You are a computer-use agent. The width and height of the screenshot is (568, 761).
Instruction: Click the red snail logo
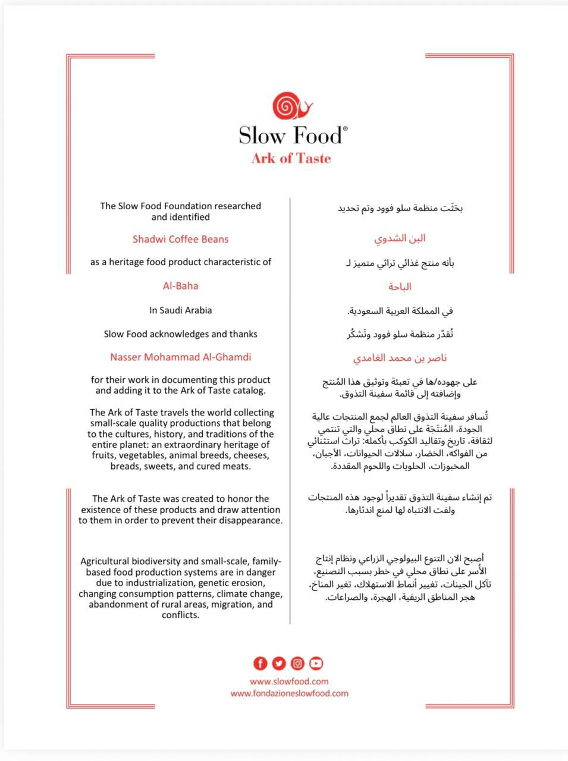point(292,106)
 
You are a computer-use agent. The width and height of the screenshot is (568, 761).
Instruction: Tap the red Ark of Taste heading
point(291,158)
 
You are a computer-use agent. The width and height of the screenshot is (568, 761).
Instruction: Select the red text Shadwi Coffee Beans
point(180,239)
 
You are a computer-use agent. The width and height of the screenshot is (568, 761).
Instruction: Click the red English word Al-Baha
point(180,285)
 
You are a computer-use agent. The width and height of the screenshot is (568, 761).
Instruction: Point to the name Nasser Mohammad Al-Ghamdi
point(180,357)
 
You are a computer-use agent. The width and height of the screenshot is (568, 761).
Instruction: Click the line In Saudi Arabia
point(180,310)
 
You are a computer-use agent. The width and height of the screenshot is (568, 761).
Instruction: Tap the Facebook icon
point(261,663)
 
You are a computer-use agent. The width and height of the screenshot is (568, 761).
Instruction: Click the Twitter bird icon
point(279,663)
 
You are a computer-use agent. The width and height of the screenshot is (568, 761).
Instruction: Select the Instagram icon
point(297,663)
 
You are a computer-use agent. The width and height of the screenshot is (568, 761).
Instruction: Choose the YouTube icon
point(316,663)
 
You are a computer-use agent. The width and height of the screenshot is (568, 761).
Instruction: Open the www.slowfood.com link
point(289,681)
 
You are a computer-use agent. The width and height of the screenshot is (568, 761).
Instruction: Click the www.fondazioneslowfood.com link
point(289,693)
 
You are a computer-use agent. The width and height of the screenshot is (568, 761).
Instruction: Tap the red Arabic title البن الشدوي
point(400,238)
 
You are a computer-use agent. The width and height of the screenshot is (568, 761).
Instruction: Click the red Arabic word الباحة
point(400,287)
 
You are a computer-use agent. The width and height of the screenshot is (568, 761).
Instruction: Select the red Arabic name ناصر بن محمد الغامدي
point(400,358)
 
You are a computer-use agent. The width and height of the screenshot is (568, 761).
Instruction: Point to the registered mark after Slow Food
point(345,128)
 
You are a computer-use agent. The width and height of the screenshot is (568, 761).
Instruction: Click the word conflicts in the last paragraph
point(180,615)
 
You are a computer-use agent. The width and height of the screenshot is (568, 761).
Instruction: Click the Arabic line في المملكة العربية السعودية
point(400,311)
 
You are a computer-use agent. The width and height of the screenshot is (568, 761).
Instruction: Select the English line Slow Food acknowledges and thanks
point(180,334)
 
